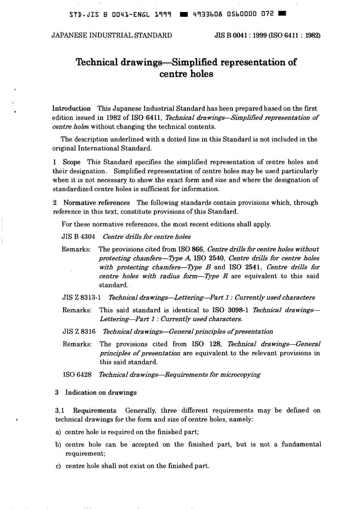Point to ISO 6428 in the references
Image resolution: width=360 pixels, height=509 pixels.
(77, 375)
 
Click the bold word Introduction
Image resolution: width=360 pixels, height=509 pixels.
(71, 108)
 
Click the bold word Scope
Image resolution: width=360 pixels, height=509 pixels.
(72, 162)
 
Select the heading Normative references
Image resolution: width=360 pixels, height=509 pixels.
(96, 203)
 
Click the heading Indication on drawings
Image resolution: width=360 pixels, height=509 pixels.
(101, 393)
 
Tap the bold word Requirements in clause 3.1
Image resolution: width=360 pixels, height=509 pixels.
(94, 410)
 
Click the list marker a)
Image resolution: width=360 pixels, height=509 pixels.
(58, 432)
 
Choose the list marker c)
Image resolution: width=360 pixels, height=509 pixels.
(58, 466)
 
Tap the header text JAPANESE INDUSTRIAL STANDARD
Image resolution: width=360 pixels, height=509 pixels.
(111, 36)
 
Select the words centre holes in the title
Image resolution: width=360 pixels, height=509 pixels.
(186, 74)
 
